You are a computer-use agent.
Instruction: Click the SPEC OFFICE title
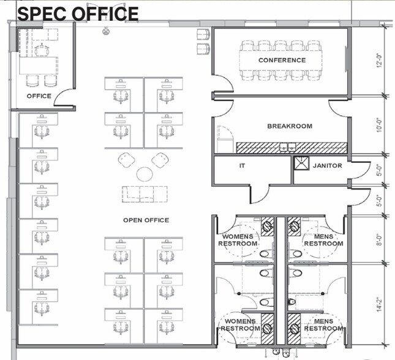point(78,13)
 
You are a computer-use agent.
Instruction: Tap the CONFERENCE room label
point(282,60)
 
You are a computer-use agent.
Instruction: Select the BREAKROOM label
point(290,126)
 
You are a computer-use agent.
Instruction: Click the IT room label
point(242,165)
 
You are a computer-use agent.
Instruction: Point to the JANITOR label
point(328,165)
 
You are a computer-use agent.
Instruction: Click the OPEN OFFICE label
point(146,220)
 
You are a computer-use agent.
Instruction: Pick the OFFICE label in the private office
point(39,96)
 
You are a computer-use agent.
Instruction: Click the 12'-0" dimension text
point(379,61)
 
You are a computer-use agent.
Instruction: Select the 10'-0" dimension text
point(379,126)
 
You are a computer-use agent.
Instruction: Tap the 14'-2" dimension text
point(379,304)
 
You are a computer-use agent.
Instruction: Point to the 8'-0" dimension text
point(379,240)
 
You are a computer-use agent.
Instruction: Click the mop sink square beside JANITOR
point(301,163)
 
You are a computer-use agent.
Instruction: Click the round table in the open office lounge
point(145,174)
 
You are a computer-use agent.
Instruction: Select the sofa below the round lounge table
point(145,194)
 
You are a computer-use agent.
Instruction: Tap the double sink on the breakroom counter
point(287,147)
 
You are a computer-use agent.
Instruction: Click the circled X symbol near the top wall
point(106,32)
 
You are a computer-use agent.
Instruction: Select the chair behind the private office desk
point(42,50)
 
